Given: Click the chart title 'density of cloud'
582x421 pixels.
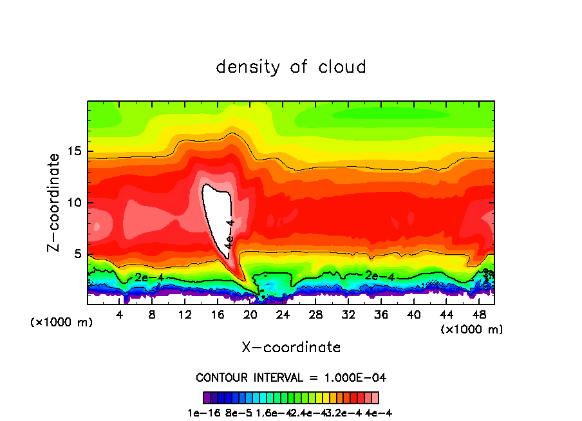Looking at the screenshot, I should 291,67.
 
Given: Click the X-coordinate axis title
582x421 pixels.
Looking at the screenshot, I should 291,348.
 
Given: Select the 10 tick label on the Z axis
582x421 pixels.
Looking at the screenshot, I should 73,203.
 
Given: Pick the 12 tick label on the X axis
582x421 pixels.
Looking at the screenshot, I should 185,315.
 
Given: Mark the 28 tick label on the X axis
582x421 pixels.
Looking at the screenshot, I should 315,315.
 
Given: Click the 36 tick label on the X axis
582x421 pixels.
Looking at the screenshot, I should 380,315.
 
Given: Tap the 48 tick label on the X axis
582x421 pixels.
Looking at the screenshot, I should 478,315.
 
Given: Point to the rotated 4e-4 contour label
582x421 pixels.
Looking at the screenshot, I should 230,234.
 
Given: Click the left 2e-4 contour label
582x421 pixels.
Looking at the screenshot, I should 149,277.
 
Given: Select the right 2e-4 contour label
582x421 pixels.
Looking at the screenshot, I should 380,276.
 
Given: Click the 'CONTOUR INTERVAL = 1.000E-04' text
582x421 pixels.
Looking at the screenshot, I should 291,377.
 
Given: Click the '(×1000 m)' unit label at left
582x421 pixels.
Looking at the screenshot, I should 61,323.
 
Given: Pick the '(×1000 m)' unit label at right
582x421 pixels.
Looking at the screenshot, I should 471,330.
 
